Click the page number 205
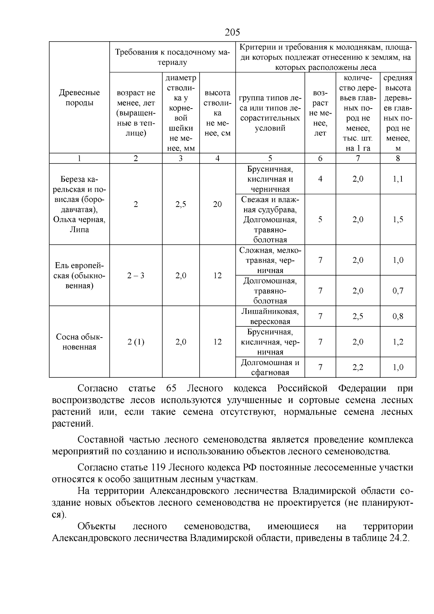pyautogui.click(x=232, y=33)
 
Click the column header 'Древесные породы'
pyautogui.click(x=79, y=98)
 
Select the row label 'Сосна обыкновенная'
pyautogui.click(x=79, y=342)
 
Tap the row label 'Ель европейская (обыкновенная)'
pyautogui.click(x=79, y=276)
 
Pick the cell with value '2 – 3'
pyautogui.click(x=136, y=276)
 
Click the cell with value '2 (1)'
pyautogui.click(x=136, y=342)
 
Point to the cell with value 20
pyautogui.click(x=217, y=204)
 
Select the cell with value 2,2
pyautogui.click(x=358, y=368)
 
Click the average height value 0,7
pyautogui.click(x=398, y=291)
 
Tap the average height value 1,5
pyautogui.click(x=398, y=220)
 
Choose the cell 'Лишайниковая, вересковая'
pyautogui.click(x=270, y=317)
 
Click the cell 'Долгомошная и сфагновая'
pyautogui.click(x=270, y=368)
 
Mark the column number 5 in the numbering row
pyautogui.click(x=270, y=158)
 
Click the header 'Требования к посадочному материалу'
pyautogui.click(x=173, y=57)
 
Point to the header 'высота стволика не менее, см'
pyautogui.click(x=217, y=113)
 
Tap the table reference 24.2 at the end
pyautogui.click(x=399, y=538)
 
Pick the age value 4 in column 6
pyautogui.click(x=320, y=179)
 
